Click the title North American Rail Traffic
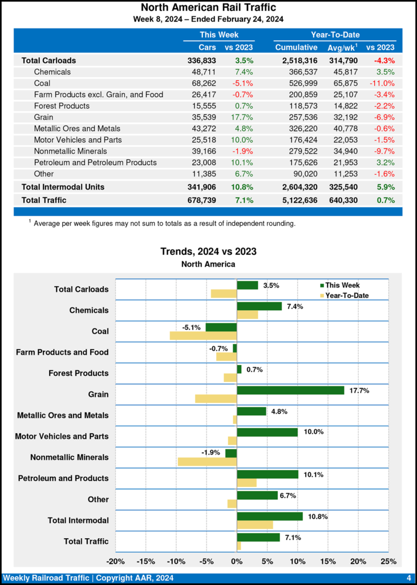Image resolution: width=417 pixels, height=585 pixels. tap(208, 8)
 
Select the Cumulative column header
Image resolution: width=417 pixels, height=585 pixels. tap(295, 47)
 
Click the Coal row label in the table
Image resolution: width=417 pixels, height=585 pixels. tap(42, 83)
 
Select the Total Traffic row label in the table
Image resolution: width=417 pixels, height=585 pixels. tap(44, 200)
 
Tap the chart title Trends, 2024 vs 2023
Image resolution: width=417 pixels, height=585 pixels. tap(208, 251)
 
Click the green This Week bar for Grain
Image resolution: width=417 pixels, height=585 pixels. tap(290, 390)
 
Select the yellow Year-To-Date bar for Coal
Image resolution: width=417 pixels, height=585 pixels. tap(203, 335)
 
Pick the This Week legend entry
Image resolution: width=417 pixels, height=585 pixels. tap(342, 286)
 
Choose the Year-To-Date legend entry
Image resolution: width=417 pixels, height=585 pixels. tap(346, 295)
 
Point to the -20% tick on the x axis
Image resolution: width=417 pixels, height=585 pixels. tap(116, 561)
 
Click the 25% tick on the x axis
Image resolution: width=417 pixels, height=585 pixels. tap(388, 561)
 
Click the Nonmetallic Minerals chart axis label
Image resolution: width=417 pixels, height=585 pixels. tap(70, 458)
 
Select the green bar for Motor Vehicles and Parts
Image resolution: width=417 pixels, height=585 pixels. tap(267, 432)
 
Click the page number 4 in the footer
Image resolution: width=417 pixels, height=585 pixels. tap(409, 577)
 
